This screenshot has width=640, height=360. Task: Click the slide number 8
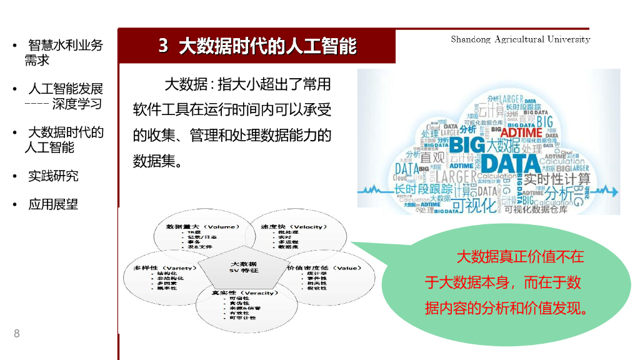pos(17,333)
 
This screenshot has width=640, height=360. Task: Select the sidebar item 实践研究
pos(53,176)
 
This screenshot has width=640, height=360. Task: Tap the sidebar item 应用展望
pos(53,204)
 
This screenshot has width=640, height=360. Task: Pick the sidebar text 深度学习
pos(77,104)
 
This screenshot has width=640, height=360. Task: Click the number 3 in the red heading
pos(163,46)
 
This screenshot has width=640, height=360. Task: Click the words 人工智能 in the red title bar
pos(329,46)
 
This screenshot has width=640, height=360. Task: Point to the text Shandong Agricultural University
pos(520,39)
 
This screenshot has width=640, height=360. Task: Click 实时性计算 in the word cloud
pos(557,179)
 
